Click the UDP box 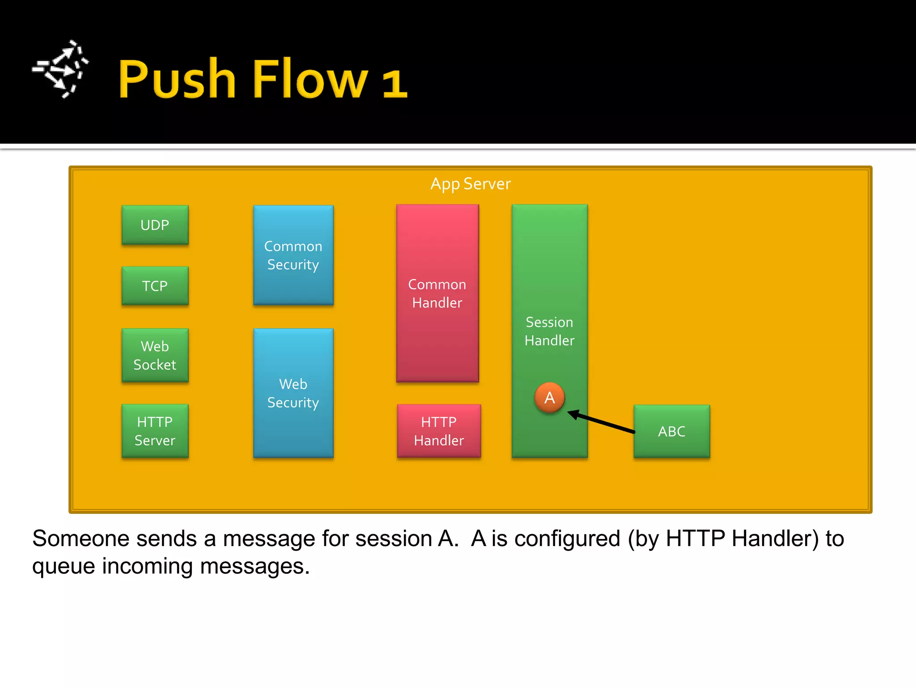coord(155,225)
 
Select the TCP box coord(155,286)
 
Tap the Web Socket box coord(155,356)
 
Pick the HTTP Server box coord(155,431)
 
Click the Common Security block coord(293,255)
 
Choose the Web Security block coord(293,393)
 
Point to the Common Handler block coord(437,293)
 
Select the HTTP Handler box coord(439,431)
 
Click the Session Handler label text coord(549,331)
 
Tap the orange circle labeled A coord(549,398)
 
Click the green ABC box coord(671,431)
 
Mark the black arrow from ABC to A coord(602,422)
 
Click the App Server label coord(470,184)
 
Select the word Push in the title coord(177,79)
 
